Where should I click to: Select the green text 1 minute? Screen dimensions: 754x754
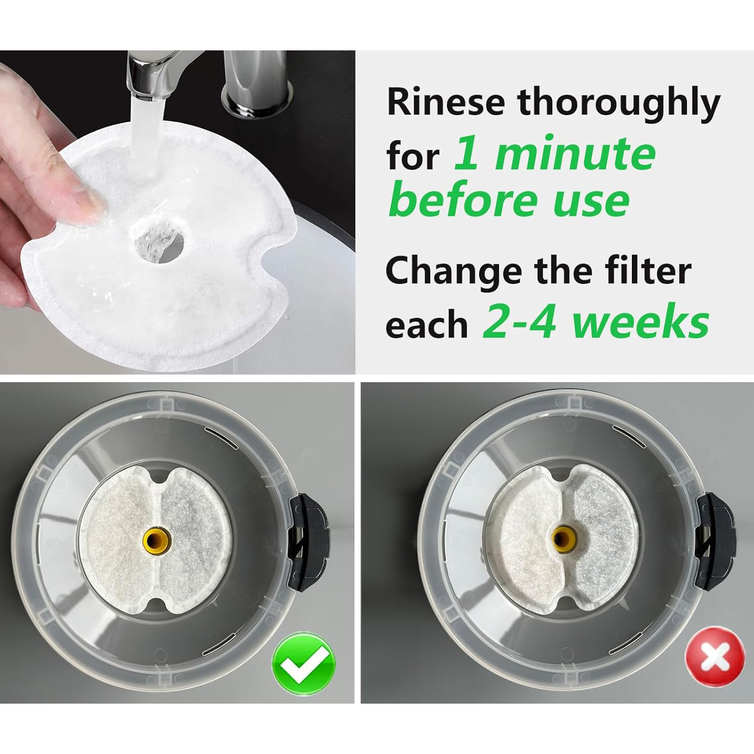(555, 153)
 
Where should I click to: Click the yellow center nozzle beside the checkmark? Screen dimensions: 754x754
(156, 541)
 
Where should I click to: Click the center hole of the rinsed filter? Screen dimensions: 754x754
(158, 240)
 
